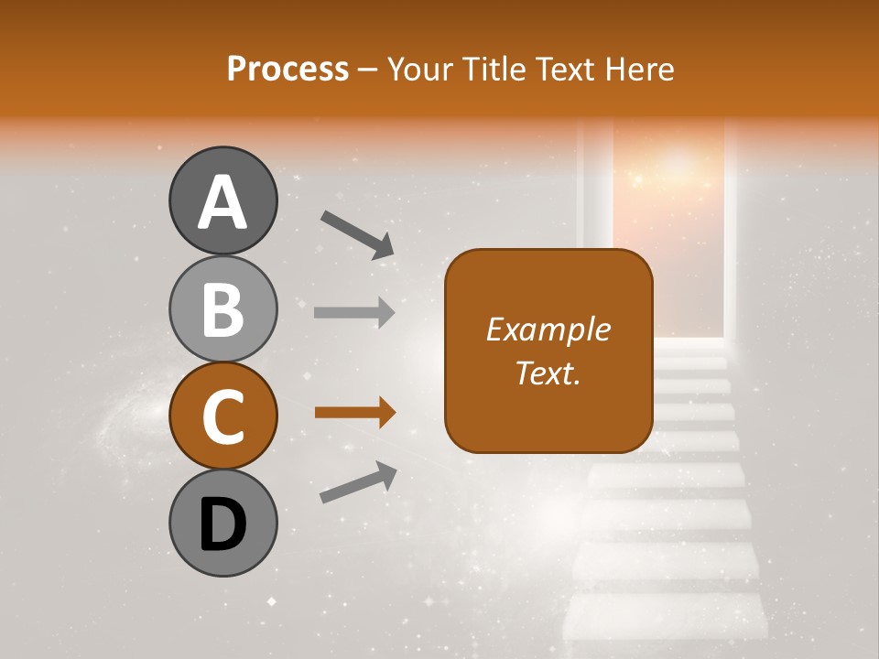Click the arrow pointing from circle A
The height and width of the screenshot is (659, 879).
[357, 234]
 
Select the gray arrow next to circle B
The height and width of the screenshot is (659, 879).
[354, 312]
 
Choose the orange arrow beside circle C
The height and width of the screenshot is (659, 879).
[354, 413]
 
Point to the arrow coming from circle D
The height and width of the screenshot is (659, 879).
[358, 482]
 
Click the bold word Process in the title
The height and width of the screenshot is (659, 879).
[288, 70]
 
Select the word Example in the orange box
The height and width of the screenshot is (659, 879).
[548, 329]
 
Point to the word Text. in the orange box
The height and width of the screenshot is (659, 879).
[548, 373]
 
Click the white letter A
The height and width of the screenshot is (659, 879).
[222, 201]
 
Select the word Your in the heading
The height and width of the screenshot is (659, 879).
[418, 70]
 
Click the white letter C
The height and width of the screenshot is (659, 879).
[222, 416]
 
